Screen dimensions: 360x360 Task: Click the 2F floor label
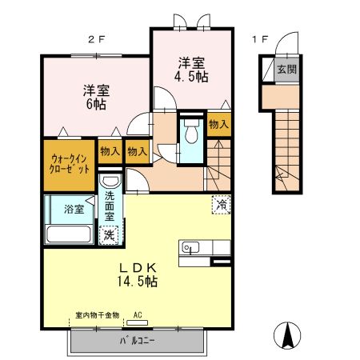click(97, 38)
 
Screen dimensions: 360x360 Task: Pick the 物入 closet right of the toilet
click(218, 125)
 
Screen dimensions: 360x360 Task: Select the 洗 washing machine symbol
click(109, 235)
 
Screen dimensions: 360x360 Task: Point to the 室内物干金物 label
click(92, 316)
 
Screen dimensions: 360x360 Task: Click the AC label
click(138, 315)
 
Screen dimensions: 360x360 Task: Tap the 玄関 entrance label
click(285, 70)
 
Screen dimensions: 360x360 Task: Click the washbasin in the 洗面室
click(110, 182)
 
